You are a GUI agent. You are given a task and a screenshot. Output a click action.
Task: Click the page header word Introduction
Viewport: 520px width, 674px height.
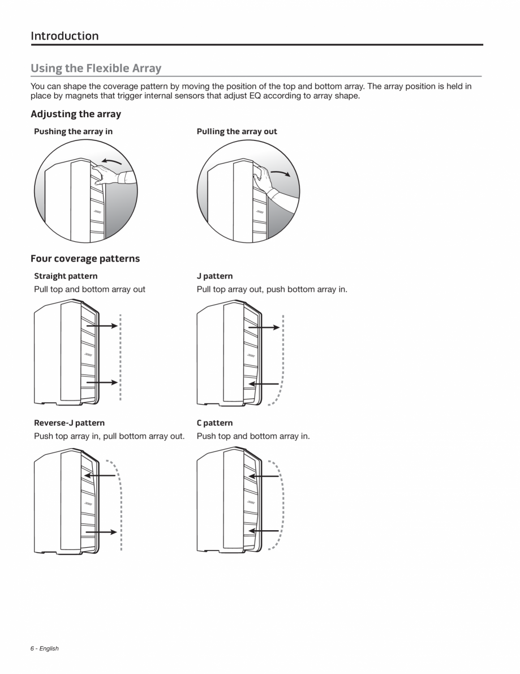(65, 36)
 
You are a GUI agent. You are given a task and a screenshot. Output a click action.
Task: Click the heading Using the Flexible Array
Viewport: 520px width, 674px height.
(96, 69)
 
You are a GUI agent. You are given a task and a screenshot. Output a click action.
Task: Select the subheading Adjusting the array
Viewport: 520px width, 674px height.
(76, 114)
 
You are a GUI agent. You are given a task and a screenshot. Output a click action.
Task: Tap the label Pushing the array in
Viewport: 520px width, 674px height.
(73, 131)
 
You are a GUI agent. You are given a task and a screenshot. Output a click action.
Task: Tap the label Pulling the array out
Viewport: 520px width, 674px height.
(237, 131)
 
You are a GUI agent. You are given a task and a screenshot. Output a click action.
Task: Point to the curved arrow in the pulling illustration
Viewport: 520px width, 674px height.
(281, 172)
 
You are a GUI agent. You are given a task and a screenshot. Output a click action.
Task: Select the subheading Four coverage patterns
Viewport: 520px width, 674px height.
(85, 259)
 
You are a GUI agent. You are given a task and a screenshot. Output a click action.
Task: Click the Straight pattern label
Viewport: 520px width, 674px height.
(66, 276)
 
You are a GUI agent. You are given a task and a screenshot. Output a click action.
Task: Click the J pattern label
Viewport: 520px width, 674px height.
(214, 276)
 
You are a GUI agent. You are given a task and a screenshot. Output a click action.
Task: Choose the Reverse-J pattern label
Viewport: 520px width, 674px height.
(69, 423)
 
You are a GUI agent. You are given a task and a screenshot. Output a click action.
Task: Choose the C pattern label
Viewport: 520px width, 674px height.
(214, 423)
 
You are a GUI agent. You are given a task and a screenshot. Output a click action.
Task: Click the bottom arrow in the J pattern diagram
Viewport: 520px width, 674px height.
(264, 383)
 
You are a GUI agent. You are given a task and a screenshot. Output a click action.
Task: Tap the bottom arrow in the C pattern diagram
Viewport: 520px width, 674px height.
(264, 531)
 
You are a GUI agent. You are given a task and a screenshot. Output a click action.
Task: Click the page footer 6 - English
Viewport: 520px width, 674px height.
(44, 649)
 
